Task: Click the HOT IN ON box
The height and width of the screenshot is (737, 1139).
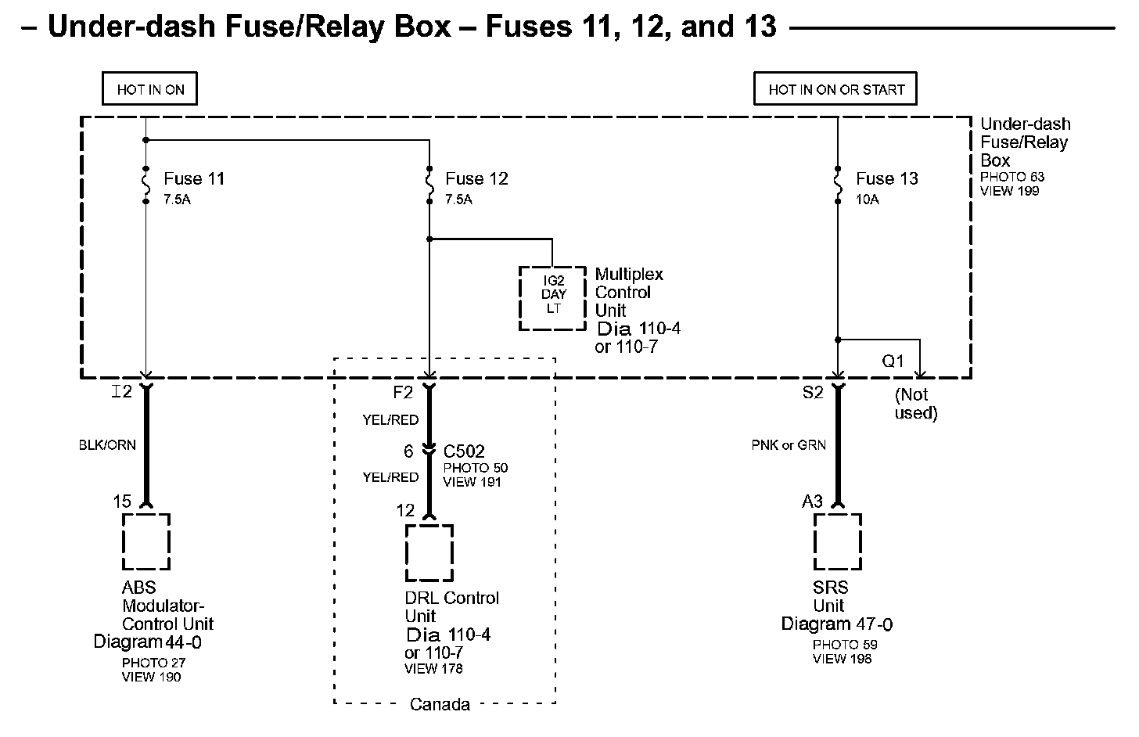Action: point(149,89)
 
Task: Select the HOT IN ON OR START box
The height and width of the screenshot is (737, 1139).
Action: point(835,89)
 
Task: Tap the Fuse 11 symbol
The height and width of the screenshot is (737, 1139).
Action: point(146,185)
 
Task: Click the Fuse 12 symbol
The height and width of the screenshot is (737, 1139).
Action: point(429,185)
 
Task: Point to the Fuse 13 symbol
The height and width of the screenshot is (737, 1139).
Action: point(838,185)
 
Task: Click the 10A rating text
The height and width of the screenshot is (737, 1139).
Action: point(868,200)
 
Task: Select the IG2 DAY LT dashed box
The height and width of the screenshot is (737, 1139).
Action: point(553,297)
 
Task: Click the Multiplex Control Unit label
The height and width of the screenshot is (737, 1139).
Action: point(628,293)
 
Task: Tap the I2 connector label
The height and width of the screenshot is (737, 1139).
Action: point(122,392)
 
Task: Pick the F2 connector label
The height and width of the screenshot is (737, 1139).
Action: point(403,392)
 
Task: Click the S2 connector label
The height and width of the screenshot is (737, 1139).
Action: point(813,392)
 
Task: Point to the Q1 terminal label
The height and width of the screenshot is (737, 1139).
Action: point(893,361)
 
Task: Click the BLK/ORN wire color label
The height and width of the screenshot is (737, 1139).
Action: point(107,445)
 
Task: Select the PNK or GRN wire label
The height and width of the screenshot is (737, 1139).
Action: point(789,445)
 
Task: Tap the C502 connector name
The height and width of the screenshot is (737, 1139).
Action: point(464,451)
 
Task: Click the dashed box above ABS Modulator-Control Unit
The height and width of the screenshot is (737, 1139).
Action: point(146,541)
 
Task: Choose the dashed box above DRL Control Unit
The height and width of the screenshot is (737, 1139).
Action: point(429,552)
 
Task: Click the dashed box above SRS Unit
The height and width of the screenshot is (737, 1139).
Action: point(838,541)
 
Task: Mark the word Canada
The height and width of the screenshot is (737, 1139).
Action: point(440,704)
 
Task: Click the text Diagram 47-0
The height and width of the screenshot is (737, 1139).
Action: point(837,624)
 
